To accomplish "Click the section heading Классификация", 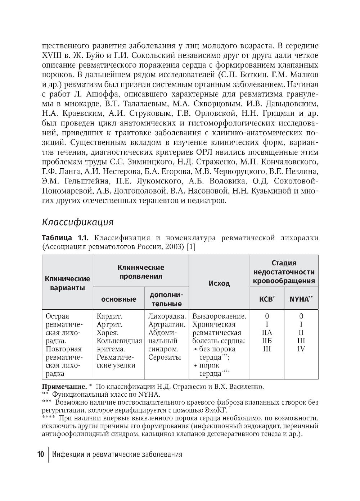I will click(x=78, y=222).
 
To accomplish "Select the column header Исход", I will click(x=219, y=283).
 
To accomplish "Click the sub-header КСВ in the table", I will click(x=266, y=299).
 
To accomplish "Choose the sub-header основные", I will click(x=118, y=299).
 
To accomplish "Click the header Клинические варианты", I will click(x=67, y=283).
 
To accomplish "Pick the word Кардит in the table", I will click(x=109, y=316).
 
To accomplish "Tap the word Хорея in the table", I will click(x=108, y=333).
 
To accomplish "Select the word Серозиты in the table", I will click(x=164, y=357).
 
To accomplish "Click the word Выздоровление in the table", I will click(x=219, y=316).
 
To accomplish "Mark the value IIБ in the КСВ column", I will click(x=267, y=341).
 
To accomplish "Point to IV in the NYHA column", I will click(x=301, y=349).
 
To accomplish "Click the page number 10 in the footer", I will click(x=40, y=454).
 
